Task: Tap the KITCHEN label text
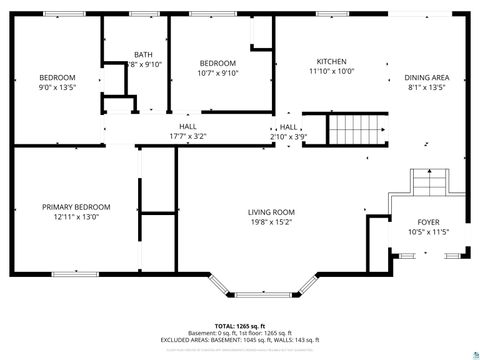[x=331, y=61]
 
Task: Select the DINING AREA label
[x=426, y=78]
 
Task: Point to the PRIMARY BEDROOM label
[x=76, y=207]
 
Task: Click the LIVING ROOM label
[x=271, y=211]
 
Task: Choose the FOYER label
[x=427, y=222]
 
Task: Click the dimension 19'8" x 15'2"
[x=271, y=221]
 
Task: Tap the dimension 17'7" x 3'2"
[x=187, y=136]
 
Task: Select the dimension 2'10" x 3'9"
[x=288, y=136]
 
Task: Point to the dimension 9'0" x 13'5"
[x=57, y=87]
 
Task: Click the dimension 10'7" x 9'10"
[x=217, y=72]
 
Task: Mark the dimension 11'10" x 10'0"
[x=331, y=71]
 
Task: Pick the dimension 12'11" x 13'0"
[x=76, y=217]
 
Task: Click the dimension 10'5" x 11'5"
[x=427, y=232]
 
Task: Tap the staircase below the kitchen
[x=357, y=130]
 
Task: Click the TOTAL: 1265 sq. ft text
[x=239, y=326]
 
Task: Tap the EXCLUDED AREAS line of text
[x=239, y=340]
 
